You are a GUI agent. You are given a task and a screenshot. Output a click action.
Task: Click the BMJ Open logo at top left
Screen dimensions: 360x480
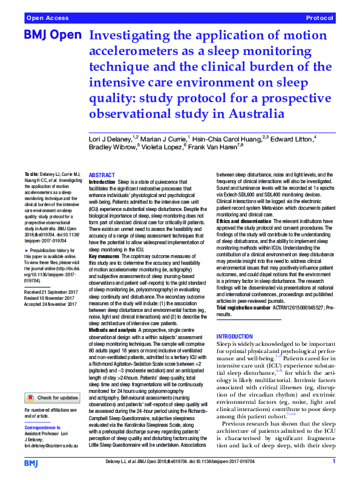(53, 36)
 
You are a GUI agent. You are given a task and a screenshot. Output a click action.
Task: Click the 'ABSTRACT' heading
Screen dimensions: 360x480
(102, 175)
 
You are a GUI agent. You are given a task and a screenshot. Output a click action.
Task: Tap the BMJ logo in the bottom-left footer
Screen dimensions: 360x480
(32, 462)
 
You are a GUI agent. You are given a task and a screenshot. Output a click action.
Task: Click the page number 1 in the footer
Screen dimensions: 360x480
(333, 462)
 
